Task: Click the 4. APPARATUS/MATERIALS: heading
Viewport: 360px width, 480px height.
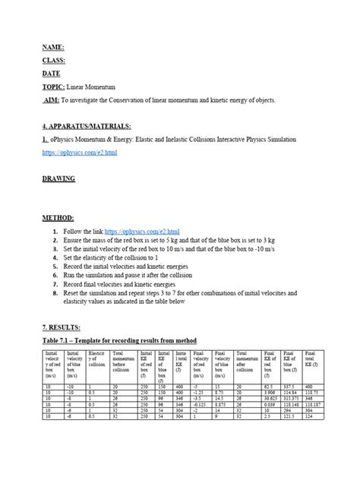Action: [87, 126]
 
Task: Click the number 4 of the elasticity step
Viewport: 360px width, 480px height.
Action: [55, 257]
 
